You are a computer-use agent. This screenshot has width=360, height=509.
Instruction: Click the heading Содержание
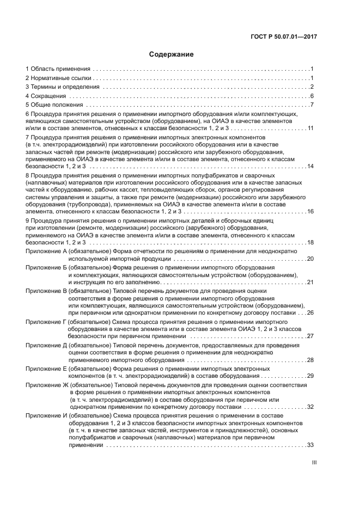(x=171, y=54)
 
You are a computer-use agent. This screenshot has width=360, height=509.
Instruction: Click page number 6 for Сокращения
(x=312, y=96)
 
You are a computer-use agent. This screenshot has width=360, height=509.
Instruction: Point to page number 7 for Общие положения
(x=312, y=105)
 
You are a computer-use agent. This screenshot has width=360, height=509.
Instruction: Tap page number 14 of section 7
(x=310, y=166)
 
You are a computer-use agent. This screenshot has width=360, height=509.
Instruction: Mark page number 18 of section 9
(x=310, y=242)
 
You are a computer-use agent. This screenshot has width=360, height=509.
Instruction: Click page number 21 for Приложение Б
(x=310, y=282)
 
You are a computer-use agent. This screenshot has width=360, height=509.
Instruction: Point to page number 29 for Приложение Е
(x=310, y=376)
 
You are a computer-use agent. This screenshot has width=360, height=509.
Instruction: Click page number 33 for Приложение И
(x=310, y=445)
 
